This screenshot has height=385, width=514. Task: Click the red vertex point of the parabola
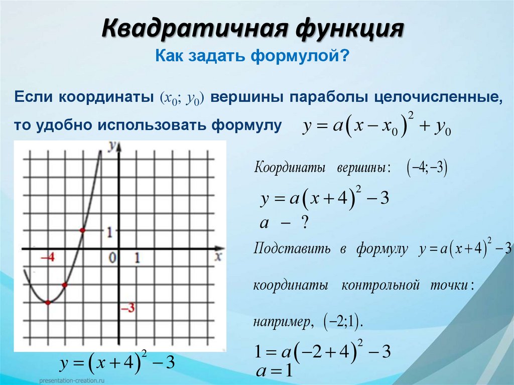(48, 303)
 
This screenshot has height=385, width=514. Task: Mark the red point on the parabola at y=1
(82, 230)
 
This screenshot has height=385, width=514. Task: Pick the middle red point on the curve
(65, 285)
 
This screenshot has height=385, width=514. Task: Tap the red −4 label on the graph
(47, 258)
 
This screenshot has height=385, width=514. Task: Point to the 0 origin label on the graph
(112, 258)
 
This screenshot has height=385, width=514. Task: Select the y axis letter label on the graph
(113, 145)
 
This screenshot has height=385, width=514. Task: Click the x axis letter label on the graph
(217, 256)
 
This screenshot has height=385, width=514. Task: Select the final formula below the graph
(117, 362)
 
